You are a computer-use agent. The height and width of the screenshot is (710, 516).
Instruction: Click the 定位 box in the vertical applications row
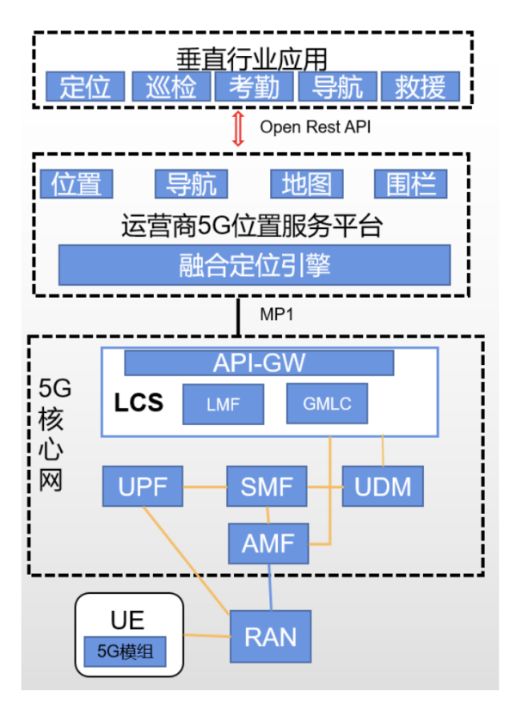tap(86, 87)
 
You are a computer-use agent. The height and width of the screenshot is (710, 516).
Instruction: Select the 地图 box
tap(306, 183)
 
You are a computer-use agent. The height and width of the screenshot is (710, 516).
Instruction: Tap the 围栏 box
tap(411, 183)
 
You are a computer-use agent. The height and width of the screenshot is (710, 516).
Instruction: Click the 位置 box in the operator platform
tap(77, 183)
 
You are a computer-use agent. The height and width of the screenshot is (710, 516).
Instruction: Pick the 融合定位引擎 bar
tap(255, 265)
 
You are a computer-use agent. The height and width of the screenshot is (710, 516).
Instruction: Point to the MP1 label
tap(277, 315)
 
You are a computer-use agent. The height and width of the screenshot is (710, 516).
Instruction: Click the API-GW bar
tap(259, 363)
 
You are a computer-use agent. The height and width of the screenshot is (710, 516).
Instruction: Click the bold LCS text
tap(138, 403)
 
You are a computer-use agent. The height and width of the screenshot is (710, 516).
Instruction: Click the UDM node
tap(383, 488)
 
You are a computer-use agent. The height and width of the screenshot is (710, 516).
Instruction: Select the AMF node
tap(268, 543)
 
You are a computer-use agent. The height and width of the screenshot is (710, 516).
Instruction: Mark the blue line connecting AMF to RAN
tap(271, 585)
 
